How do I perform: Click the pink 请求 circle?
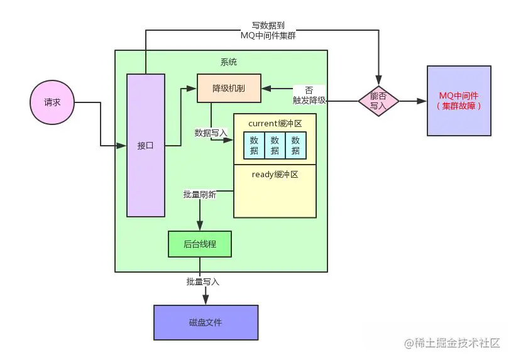pyautogui.click(x=52, y=102)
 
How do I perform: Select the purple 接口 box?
pyautogui.click(x=146, y=145)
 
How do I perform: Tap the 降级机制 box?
pyautogui.click(x=229, y=89)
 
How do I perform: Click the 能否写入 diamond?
pyautogui.click(x=378, y=101)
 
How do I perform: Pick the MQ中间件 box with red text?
pyautogui.click(x=459, y=101)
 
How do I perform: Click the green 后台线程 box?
pyautogui.click(x=200, y=244)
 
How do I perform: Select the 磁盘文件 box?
pyautogui.click(x=206, y=322)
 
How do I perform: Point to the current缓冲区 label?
pyautogui.click(x=275, y=123)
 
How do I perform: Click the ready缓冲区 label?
pyautogui.click(x=275, y=174)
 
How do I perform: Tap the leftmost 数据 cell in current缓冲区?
pyautogui.click(x=254, y=145)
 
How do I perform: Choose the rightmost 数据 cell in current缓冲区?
pyautogui.click(x=295, y=145)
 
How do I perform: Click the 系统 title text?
pyautogui.click(x=229, y=62)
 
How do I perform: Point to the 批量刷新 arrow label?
pyautogui.click(x=200, y=195)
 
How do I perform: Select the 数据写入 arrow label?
pyautogui.click(x=211, y=133)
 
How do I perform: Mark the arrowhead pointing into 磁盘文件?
pyautogui.click(x=206, y=301)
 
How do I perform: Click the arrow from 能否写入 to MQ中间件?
pyautogui.click(x=412, y=101)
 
